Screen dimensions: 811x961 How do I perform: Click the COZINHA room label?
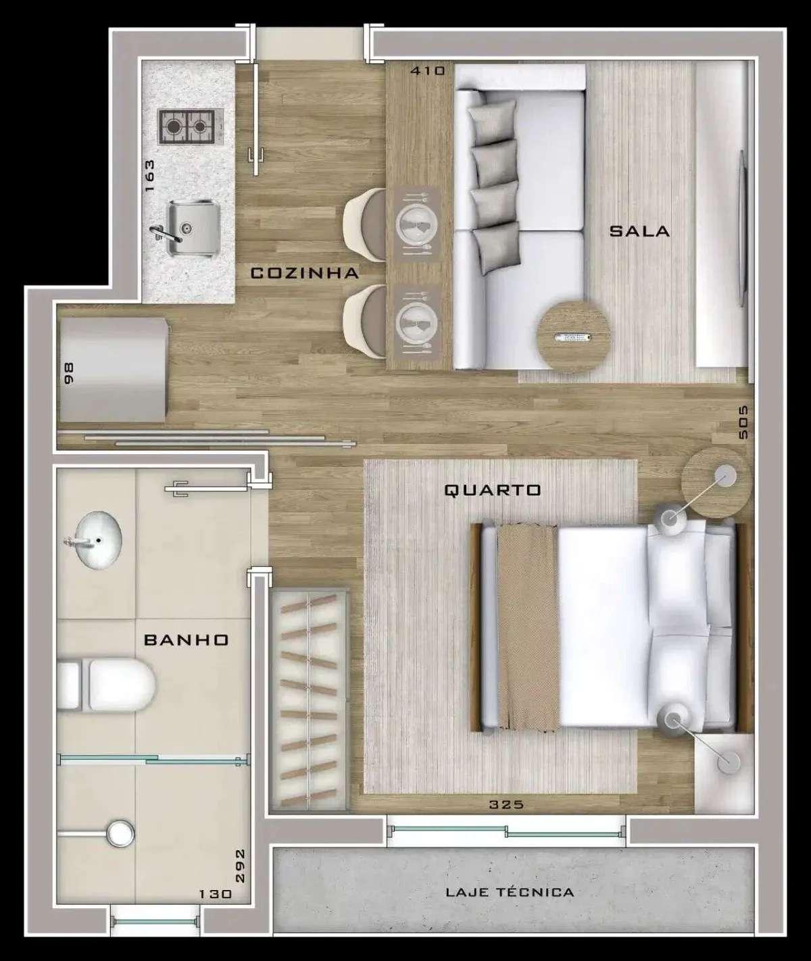pos(305,273)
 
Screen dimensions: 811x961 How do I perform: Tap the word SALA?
pos(639,231)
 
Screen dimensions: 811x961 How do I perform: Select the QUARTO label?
pos(493,490)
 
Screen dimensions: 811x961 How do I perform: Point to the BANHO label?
pos(187,640)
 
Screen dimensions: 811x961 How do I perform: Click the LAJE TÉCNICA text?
pos(510,892)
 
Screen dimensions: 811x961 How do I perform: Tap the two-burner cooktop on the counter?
pos(187,126)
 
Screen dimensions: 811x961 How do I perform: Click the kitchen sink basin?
pos(192,228)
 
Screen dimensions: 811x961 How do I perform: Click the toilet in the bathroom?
pos(106,686)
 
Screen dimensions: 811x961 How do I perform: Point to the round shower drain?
pos(120,833)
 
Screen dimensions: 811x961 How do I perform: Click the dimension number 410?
pos(428,71)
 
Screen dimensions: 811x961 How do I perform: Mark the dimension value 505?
pos(743,422)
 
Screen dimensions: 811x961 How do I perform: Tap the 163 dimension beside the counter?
pos(149,176)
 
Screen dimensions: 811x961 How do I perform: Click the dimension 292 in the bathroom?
pos(240,866)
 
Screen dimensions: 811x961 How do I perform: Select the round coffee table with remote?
pos(574,337)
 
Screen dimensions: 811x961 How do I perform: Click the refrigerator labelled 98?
pos(114,370)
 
